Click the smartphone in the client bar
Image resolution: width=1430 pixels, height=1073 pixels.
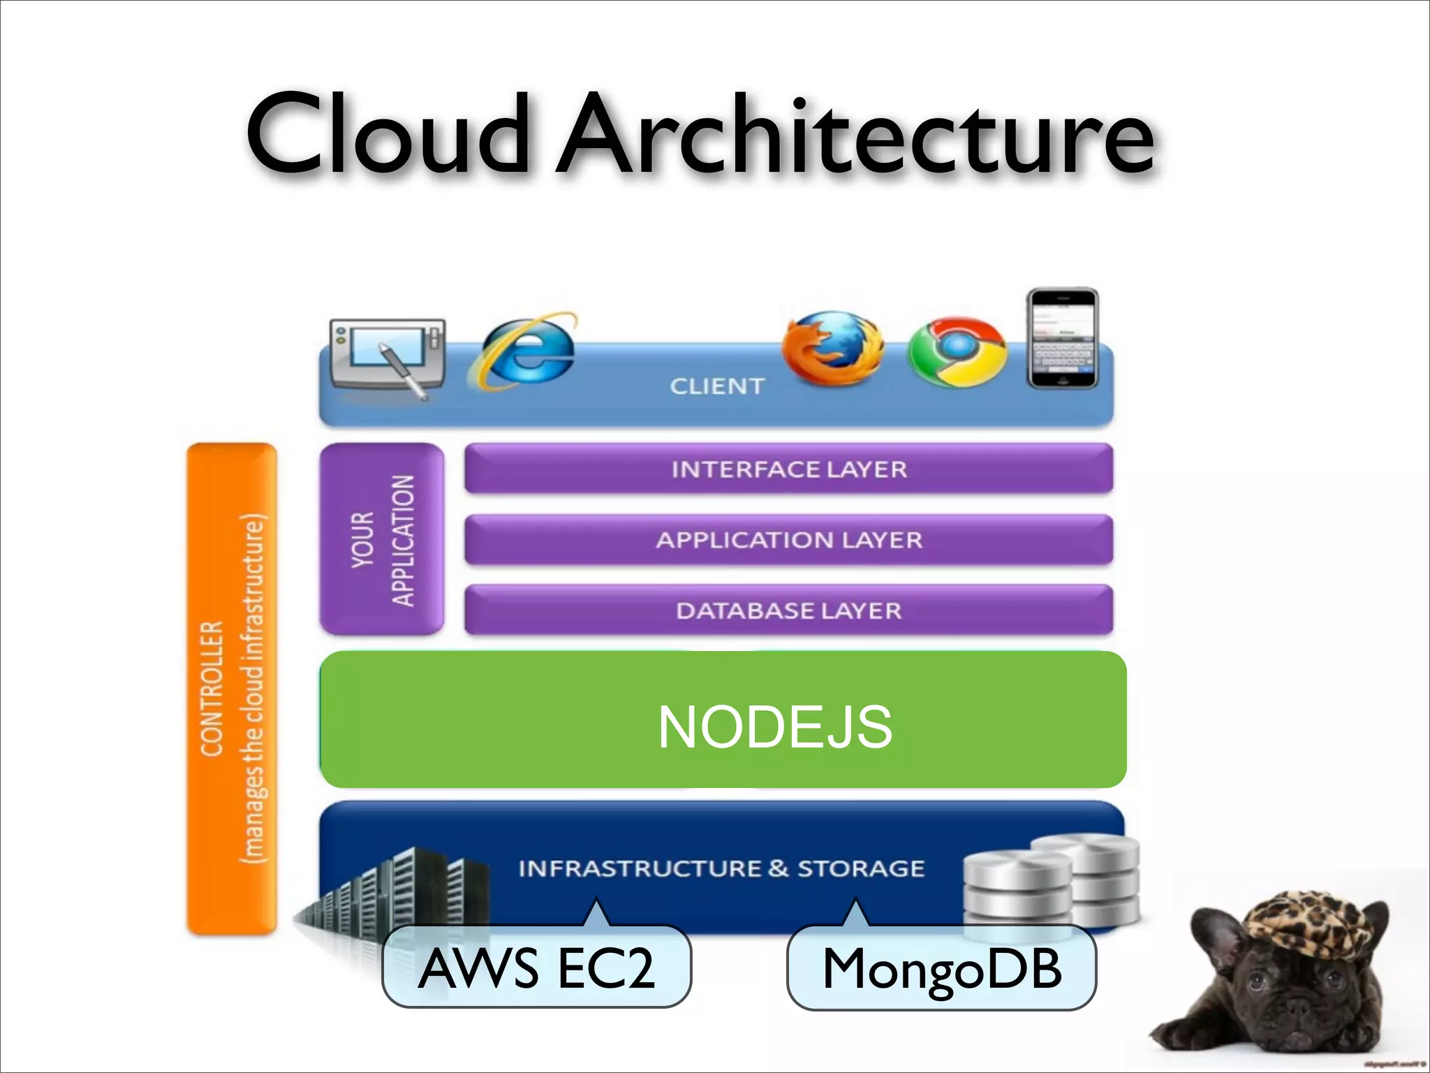pos(1062,339)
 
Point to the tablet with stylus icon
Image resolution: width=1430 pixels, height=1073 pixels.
pos(388,356)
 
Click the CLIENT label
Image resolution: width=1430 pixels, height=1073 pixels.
pos(717,386)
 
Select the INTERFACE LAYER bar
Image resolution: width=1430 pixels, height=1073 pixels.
pos(788,469)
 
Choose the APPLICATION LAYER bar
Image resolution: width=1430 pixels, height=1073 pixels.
pos(788,539)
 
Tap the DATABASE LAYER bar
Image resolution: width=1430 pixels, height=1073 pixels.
pos(788,611)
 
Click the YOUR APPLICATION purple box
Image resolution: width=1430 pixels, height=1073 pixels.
pos(382,539)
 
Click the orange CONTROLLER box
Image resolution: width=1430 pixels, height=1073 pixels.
pos(232,688)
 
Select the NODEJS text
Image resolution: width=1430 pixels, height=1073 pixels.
pos(774,727)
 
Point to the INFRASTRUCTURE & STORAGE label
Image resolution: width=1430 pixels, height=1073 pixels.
pos(721,868)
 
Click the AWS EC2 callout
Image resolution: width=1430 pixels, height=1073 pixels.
pos(536,968)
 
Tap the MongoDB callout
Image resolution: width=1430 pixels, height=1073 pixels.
pos(941,968)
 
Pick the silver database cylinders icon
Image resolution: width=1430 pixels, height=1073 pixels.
pos(1051,880)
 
